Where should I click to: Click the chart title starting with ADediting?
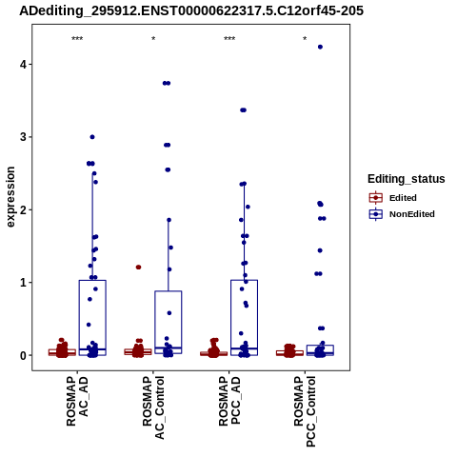(x=191, y=10)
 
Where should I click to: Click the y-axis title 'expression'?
(x=10, y=197)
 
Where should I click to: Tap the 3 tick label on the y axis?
(x=23, y=137)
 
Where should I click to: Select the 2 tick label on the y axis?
(x=23, y=209)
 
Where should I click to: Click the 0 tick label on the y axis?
(x=23, y=355)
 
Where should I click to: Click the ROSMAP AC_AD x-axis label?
(x=77, y=401)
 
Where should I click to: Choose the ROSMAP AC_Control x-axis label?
(x=153, y=407)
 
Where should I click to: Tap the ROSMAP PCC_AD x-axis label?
(x=229, y=401)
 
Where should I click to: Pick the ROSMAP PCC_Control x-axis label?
(x=305, y=411)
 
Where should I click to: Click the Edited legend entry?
(x=393, y=198)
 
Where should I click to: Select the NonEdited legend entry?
(x=402, y=214)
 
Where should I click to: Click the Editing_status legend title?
(x=407, y=179)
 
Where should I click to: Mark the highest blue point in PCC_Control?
(x=320, y=47)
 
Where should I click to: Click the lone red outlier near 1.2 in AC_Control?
(x=138, y=268)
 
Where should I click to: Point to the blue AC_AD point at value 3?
(x=92, y=137)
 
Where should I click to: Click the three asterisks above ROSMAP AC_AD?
(x=77, y=39)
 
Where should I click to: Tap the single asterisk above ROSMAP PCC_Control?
(x=305, y=39)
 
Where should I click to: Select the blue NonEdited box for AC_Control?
(x=169, y=322)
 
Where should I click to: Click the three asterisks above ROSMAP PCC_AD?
(x=229, y=39)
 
